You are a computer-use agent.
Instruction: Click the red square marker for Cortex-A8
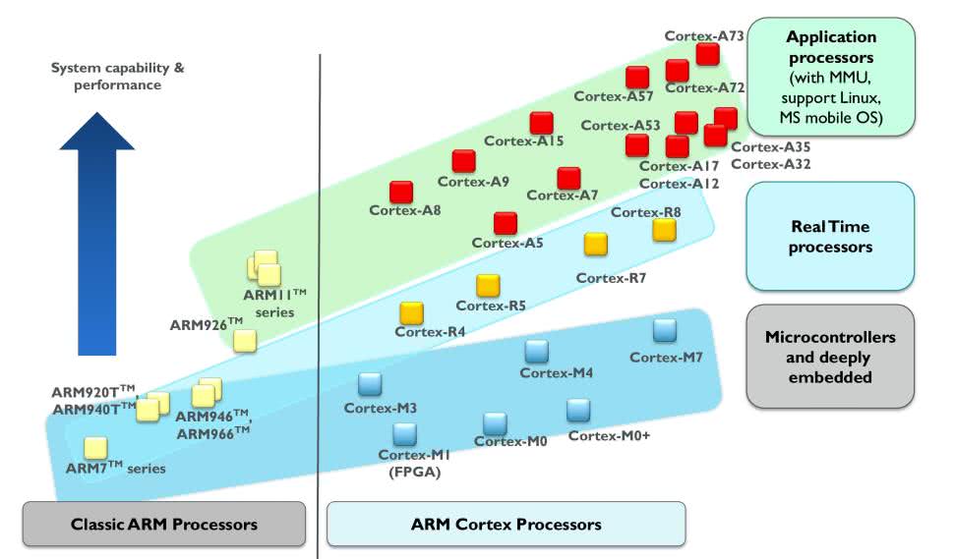[401, 192]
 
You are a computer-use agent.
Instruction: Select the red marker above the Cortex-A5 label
[506, 223]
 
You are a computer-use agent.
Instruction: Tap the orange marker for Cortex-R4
[411, 312]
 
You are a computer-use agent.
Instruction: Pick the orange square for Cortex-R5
[488, 285]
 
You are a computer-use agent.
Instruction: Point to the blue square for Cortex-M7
[665, 330]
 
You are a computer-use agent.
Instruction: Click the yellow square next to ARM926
[245, 340]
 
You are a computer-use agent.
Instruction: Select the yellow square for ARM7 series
[95, 448]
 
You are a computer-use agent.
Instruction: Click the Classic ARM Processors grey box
[164, 524]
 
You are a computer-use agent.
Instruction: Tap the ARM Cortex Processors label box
[506, 524]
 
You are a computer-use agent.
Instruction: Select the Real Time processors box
[830, 237]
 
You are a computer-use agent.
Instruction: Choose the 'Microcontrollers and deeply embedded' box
[830, 356]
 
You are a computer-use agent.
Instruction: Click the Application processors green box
[830, 78]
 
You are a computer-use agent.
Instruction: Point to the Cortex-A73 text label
[704, 36]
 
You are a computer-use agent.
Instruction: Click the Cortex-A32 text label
[771, 164]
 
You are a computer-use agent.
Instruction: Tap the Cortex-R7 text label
[611, 278]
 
